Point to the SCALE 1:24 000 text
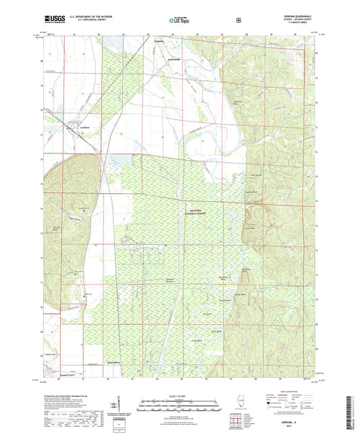[x=180, y=395]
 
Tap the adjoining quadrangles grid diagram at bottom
[x=236, y=423]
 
